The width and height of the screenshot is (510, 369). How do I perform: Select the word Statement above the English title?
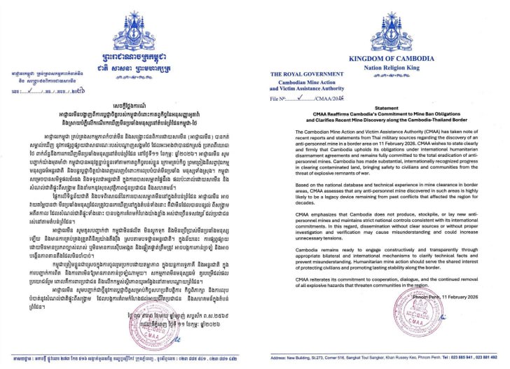click(x=382, y=110)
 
